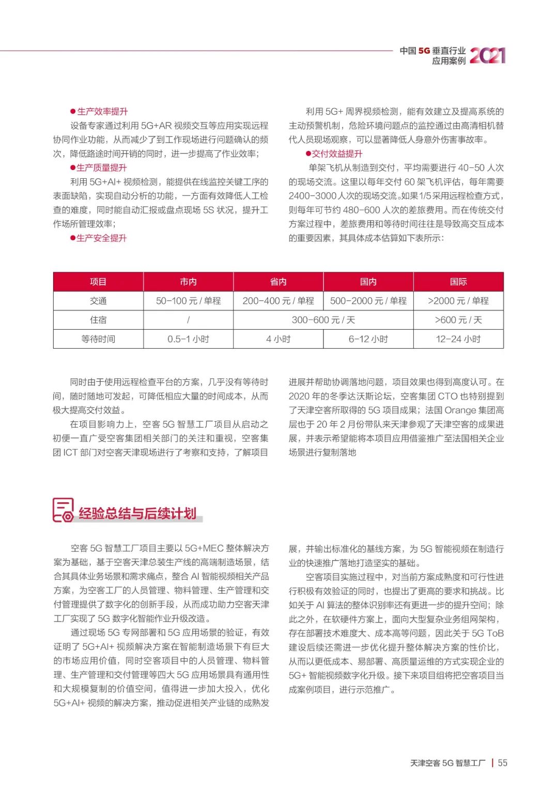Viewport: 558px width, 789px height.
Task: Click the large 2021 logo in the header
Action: point(487,55)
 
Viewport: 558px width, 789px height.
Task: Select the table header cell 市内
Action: point(188,282)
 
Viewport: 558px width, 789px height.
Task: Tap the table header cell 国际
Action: point(458,282)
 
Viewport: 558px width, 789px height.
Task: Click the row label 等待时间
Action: point(98,339)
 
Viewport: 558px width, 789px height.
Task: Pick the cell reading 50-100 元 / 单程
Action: point(188,301)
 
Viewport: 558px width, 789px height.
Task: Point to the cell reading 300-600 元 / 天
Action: point(323,320)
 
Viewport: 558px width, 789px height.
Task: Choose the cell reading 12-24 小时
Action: point(458,339)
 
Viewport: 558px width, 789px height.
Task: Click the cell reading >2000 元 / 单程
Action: point(458,301)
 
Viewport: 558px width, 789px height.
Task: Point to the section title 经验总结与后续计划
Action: point(137,513)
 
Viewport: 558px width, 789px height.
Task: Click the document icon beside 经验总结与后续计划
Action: point(63,510)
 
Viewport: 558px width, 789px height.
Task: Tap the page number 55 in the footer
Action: point(502,763)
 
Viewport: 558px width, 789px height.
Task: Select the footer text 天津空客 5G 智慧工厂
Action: point(447,763)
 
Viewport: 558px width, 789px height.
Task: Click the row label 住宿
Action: point(98,320)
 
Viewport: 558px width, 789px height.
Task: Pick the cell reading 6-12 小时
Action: point(368,339)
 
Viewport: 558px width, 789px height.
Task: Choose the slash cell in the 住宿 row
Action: point(188,320)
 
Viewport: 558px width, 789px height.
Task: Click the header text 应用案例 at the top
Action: point(448,61)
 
